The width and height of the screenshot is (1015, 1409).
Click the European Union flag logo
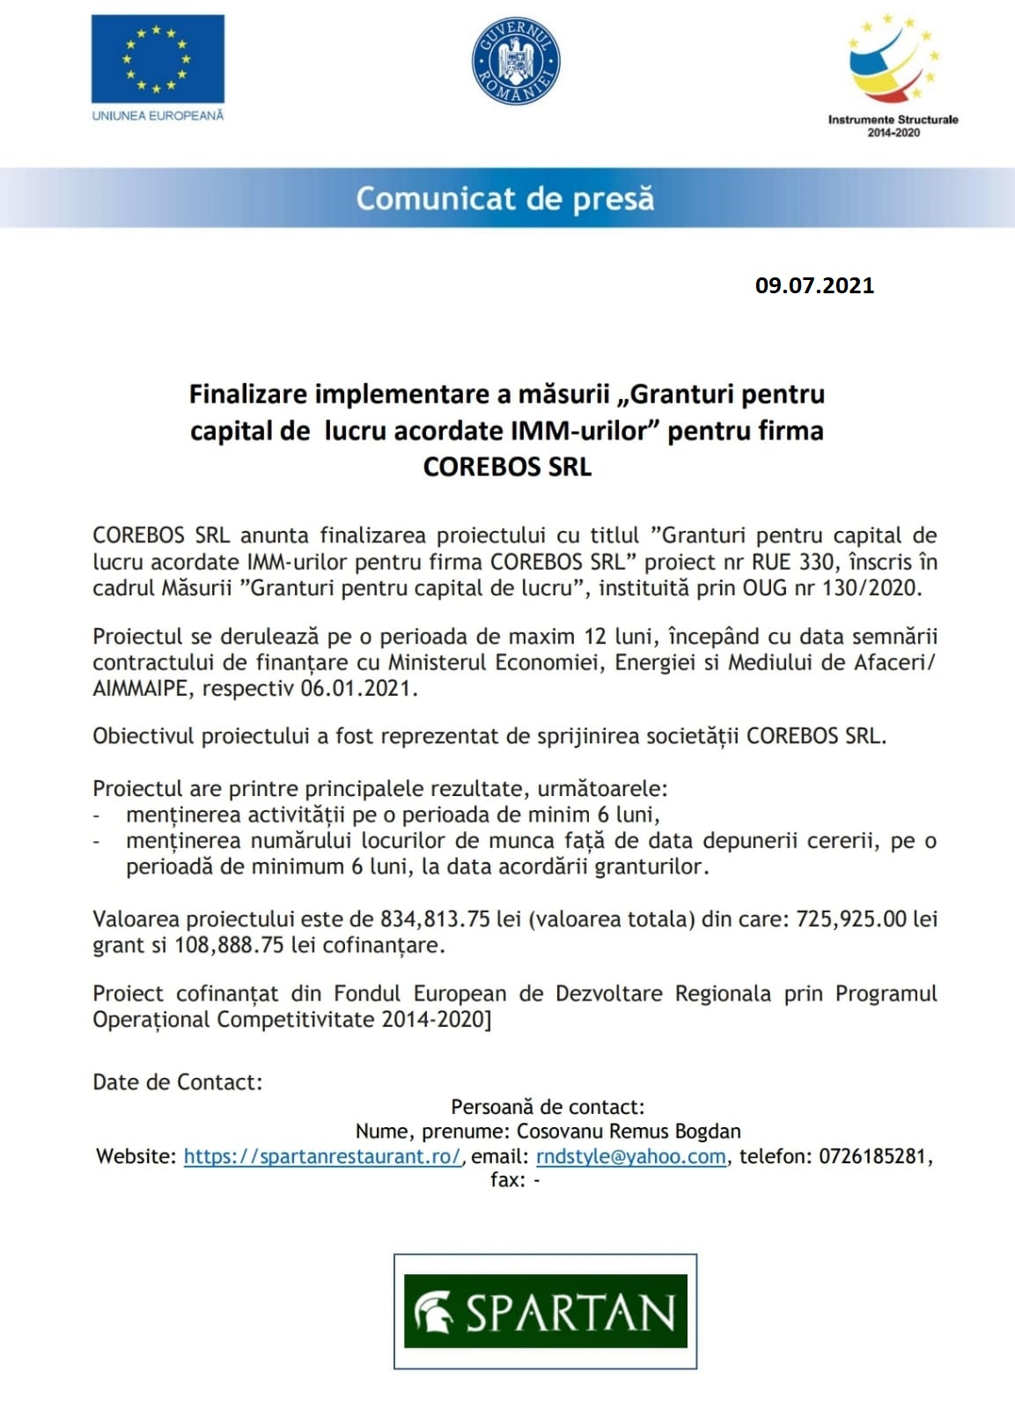pos(158,59)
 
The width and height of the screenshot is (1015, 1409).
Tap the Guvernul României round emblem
pos(516,61)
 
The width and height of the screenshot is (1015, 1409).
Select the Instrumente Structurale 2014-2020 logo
pos(893,76)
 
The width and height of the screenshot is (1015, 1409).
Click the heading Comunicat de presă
pos(505,198)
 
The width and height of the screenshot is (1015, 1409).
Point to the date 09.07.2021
pos(814,285)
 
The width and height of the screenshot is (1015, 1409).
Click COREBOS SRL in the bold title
pos(507,467)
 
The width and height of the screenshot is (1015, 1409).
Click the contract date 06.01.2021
pos(356,688)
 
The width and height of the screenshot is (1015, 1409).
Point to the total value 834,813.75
pos(434,918)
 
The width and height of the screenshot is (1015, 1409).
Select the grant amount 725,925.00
pos(850,918)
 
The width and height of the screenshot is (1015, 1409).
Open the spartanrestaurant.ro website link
pos(322,1156)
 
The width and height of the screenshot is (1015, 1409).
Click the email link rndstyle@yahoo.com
pos(631,1156)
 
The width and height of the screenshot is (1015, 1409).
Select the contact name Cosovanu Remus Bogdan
pos(628,1131)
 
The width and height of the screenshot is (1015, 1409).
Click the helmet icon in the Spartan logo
pos(433,1312)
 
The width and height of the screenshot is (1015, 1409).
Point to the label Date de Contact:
pos(178,1081)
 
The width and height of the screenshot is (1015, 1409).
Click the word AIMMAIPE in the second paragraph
pos(140,688)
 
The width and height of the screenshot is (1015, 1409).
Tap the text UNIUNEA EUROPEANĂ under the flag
pos(158,115)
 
